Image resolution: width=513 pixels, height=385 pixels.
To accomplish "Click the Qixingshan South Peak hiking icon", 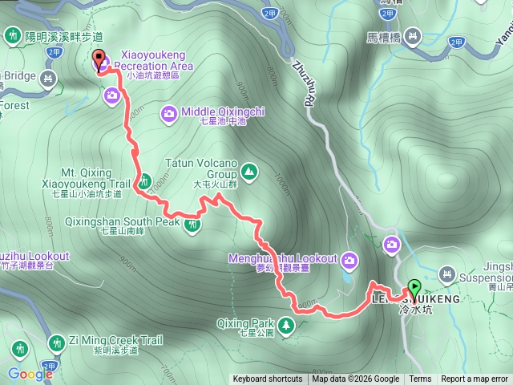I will point(192,225).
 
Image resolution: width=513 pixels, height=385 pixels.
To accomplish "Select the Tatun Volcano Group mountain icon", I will point(248,171).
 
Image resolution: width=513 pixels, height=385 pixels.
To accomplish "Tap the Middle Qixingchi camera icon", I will point(169,112).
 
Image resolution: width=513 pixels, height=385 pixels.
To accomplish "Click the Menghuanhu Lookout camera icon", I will point(349,259).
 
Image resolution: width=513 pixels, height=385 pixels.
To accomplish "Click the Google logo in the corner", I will point(30,373).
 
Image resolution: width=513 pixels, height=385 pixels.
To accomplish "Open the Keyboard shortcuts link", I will point(268,379).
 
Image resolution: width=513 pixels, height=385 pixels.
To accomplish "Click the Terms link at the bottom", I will point(420,379).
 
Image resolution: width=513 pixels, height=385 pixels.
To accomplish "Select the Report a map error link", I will point(475,379).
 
